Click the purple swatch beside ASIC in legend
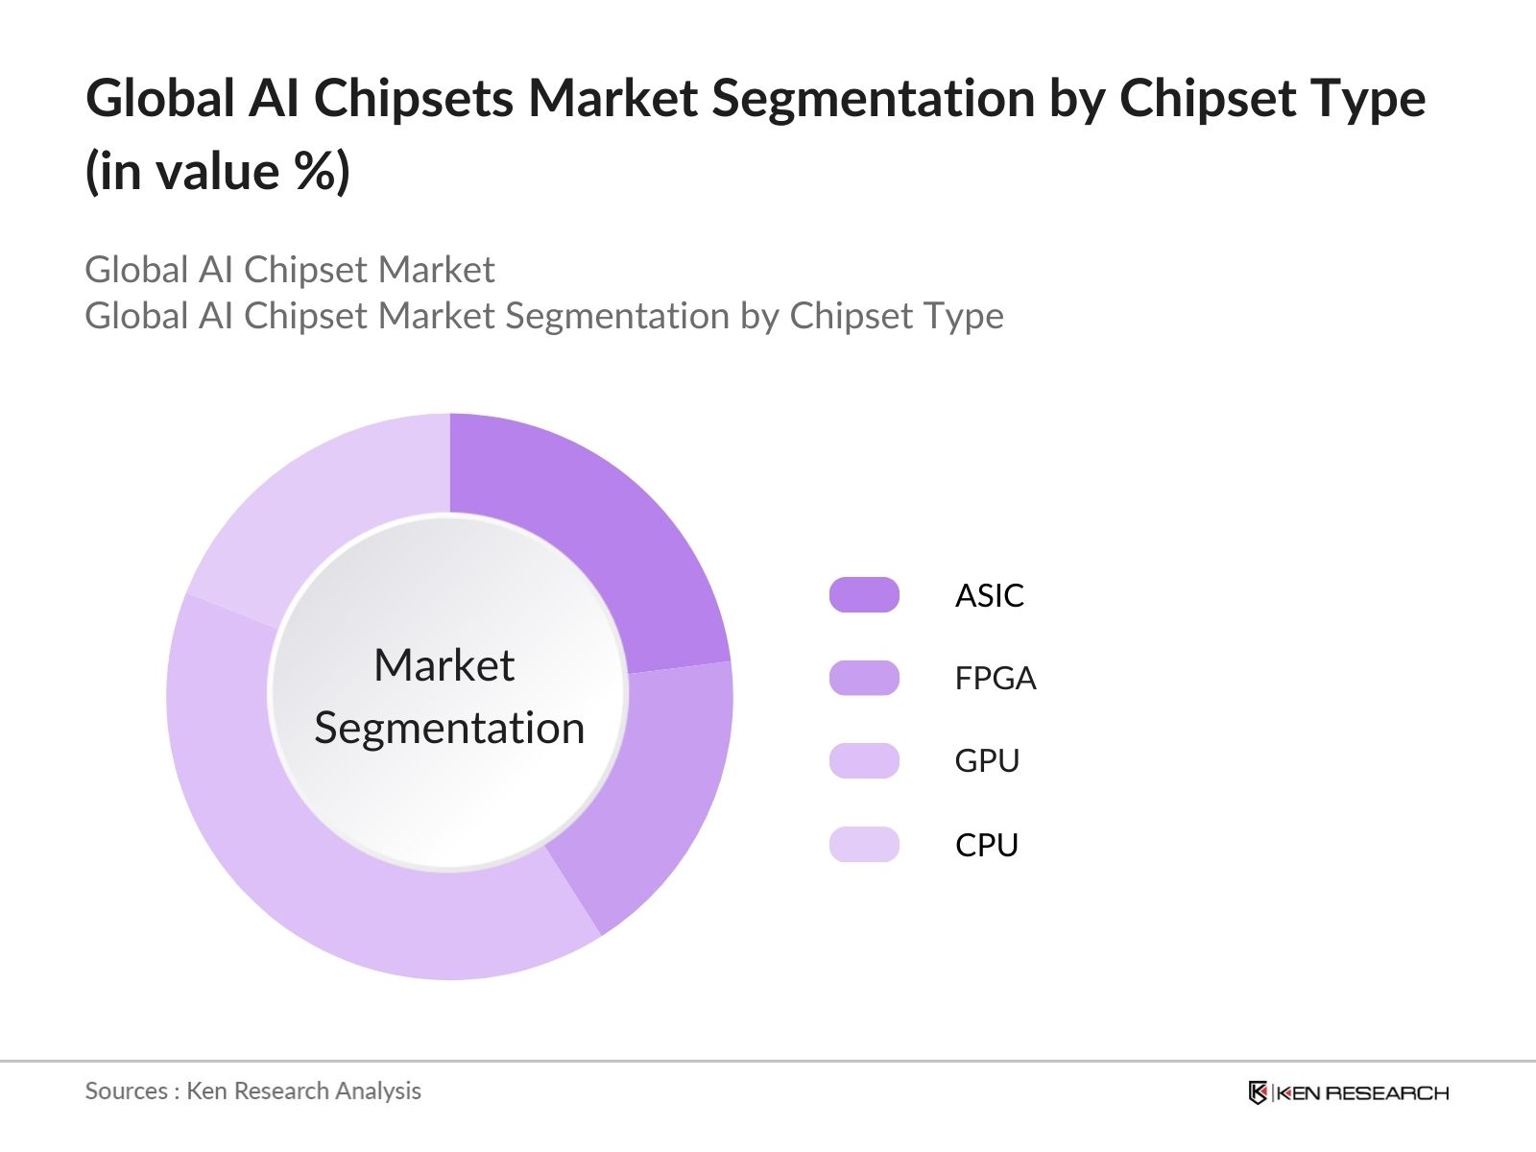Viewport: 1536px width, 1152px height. [864, 595]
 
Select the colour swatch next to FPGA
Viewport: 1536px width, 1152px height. [864, 678]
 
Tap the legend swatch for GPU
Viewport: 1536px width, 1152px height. [864, 760]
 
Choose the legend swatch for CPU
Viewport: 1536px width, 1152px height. [864, 844]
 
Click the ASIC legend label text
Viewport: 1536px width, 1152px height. [989, 596]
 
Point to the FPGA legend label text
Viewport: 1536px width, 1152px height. [995, 679]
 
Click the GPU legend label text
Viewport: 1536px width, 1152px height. [986, 761]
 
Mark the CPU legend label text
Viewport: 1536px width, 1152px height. [986, 845]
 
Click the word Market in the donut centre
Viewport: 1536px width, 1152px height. [444, 665]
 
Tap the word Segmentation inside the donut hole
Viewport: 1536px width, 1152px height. [449, 728]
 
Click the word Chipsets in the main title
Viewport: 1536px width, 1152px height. [414, 98]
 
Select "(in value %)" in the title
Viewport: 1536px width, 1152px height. [218, 172]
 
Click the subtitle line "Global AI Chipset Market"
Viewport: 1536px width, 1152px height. [289, 270]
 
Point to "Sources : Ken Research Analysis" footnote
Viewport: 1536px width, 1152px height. [252, 1091]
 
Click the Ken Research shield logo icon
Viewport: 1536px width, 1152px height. [1258, 1092]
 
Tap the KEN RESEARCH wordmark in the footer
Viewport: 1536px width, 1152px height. [1362, 1092]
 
